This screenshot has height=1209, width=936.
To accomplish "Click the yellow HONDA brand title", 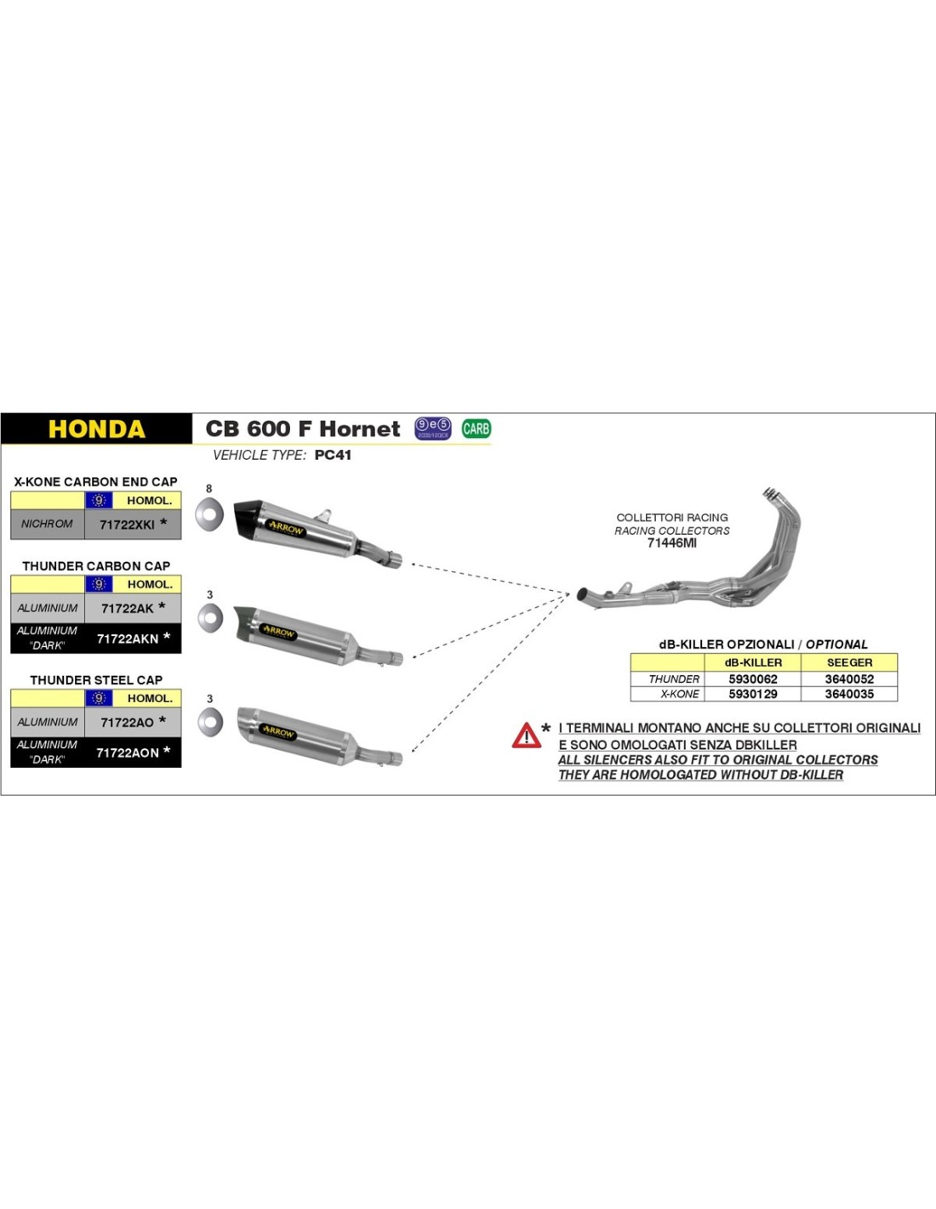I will click(96, 429).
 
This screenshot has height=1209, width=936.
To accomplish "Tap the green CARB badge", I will click(476, 429).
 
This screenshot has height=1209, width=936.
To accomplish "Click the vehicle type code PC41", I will click(333, 455).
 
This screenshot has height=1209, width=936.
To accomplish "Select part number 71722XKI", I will click(128, 525).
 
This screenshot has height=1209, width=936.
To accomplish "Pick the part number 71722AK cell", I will click(128, 608).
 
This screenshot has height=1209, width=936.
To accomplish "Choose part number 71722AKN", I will click(128, 639).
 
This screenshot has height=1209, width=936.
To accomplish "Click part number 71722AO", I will click(128, 722).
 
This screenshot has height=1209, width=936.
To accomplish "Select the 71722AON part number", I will click(128, 752).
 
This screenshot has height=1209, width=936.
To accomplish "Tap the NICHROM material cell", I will click(47, 524).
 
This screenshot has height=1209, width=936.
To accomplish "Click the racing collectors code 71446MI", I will click(671, 543).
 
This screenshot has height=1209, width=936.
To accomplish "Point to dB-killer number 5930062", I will click(752, 679).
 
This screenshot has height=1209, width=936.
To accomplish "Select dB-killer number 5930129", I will click(752, 694).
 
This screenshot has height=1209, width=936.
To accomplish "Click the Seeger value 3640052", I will click(848, 679).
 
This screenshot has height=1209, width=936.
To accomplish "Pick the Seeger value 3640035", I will click(848, 694).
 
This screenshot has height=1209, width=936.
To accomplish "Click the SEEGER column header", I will click(848, 662).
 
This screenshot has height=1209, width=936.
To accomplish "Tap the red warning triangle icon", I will click(526, 735).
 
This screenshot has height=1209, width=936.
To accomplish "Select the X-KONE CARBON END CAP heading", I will click(95, 481).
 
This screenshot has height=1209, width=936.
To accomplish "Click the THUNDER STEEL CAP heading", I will click(95, 680).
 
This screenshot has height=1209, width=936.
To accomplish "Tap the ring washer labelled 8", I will click(208, 514).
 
